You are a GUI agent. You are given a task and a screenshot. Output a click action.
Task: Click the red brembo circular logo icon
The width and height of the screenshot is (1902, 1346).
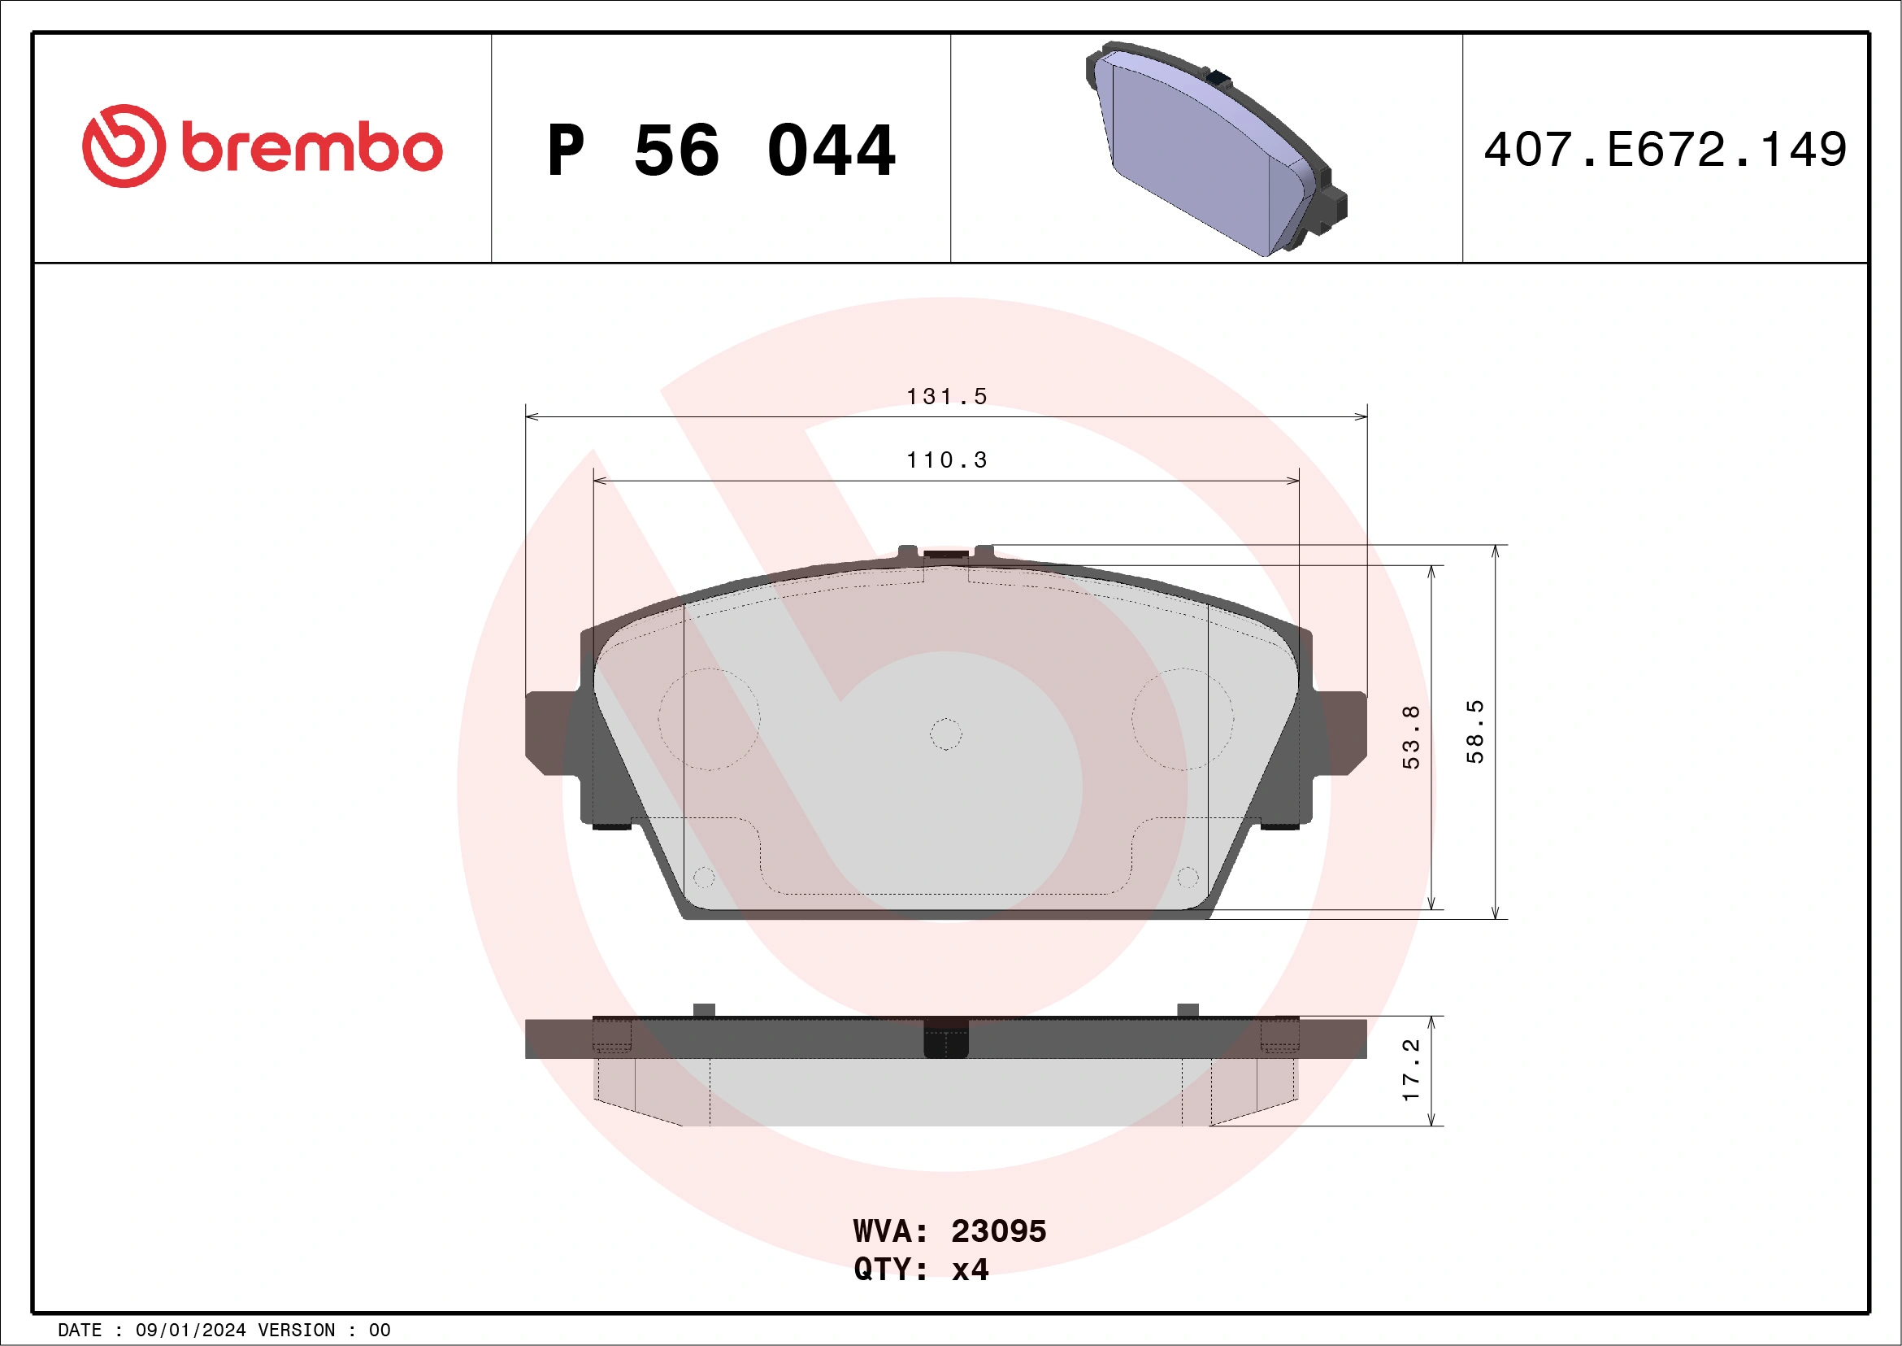[x=124, y=146]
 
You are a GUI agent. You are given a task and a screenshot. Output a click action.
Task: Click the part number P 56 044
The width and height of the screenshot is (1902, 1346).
[x=721, y=150]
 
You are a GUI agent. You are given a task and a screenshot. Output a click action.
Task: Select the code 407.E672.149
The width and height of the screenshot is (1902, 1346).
[x=1665, y=150]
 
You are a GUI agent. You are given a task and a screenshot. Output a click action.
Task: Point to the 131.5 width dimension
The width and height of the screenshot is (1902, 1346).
[x=946, y=397]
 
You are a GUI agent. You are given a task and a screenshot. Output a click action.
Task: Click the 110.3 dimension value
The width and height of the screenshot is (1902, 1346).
[x=946, y=460]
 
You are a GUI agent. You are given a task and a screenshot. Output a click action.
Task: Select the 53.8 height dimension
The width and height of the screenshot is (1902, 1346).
[x=1411, y=737]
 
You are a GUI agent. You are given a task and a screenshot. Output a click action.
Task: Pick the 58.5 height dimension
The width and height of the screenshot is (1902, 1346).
[x=1474, y=732]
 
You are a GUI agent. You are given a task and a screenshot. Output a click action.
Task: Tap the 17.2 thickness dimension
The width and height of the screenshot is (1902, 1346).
[x=1411, y=1070]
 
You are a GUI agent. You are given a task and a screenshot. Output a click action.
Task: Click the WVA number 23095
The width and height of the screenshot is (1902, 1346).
[x=998, y=1231]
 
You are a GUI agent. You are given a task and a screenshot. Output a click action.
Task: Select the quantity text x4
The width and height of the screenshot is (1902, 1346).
[x=970, y=1270]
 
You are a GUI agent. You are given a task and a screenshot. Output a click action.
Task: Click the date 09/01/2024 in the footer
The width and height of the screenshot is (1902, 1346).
[x=190, y=1331]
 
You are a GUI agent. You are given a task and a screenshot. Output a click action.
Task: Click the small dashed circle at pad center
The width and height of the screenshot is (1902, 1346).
[x=946, y=734]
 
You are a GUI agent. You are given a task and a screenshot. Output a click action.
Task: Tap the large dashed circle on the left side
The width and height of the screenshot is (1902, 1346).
[x=709, y=720]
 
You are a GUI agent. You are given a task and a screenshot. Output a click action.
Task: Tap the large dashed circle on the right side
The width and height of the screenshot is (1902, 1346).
[x=1182, y=720]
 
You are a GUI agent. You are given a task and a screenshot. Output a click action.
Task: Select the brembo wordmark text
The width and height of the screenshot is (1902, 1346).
[x=311, y=147]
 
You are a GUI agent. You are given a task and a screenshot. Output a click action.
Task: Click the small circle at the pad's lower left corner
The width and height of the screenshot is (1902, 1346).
[x=703, y=877]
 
